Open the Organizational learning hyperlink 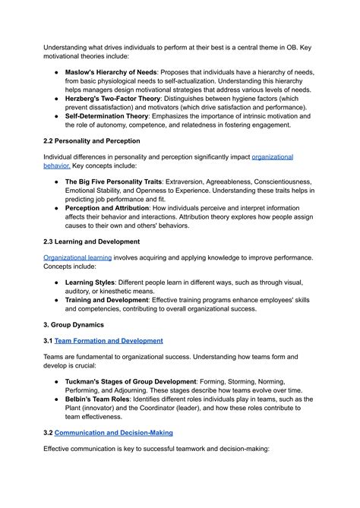tap(77, 257)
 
